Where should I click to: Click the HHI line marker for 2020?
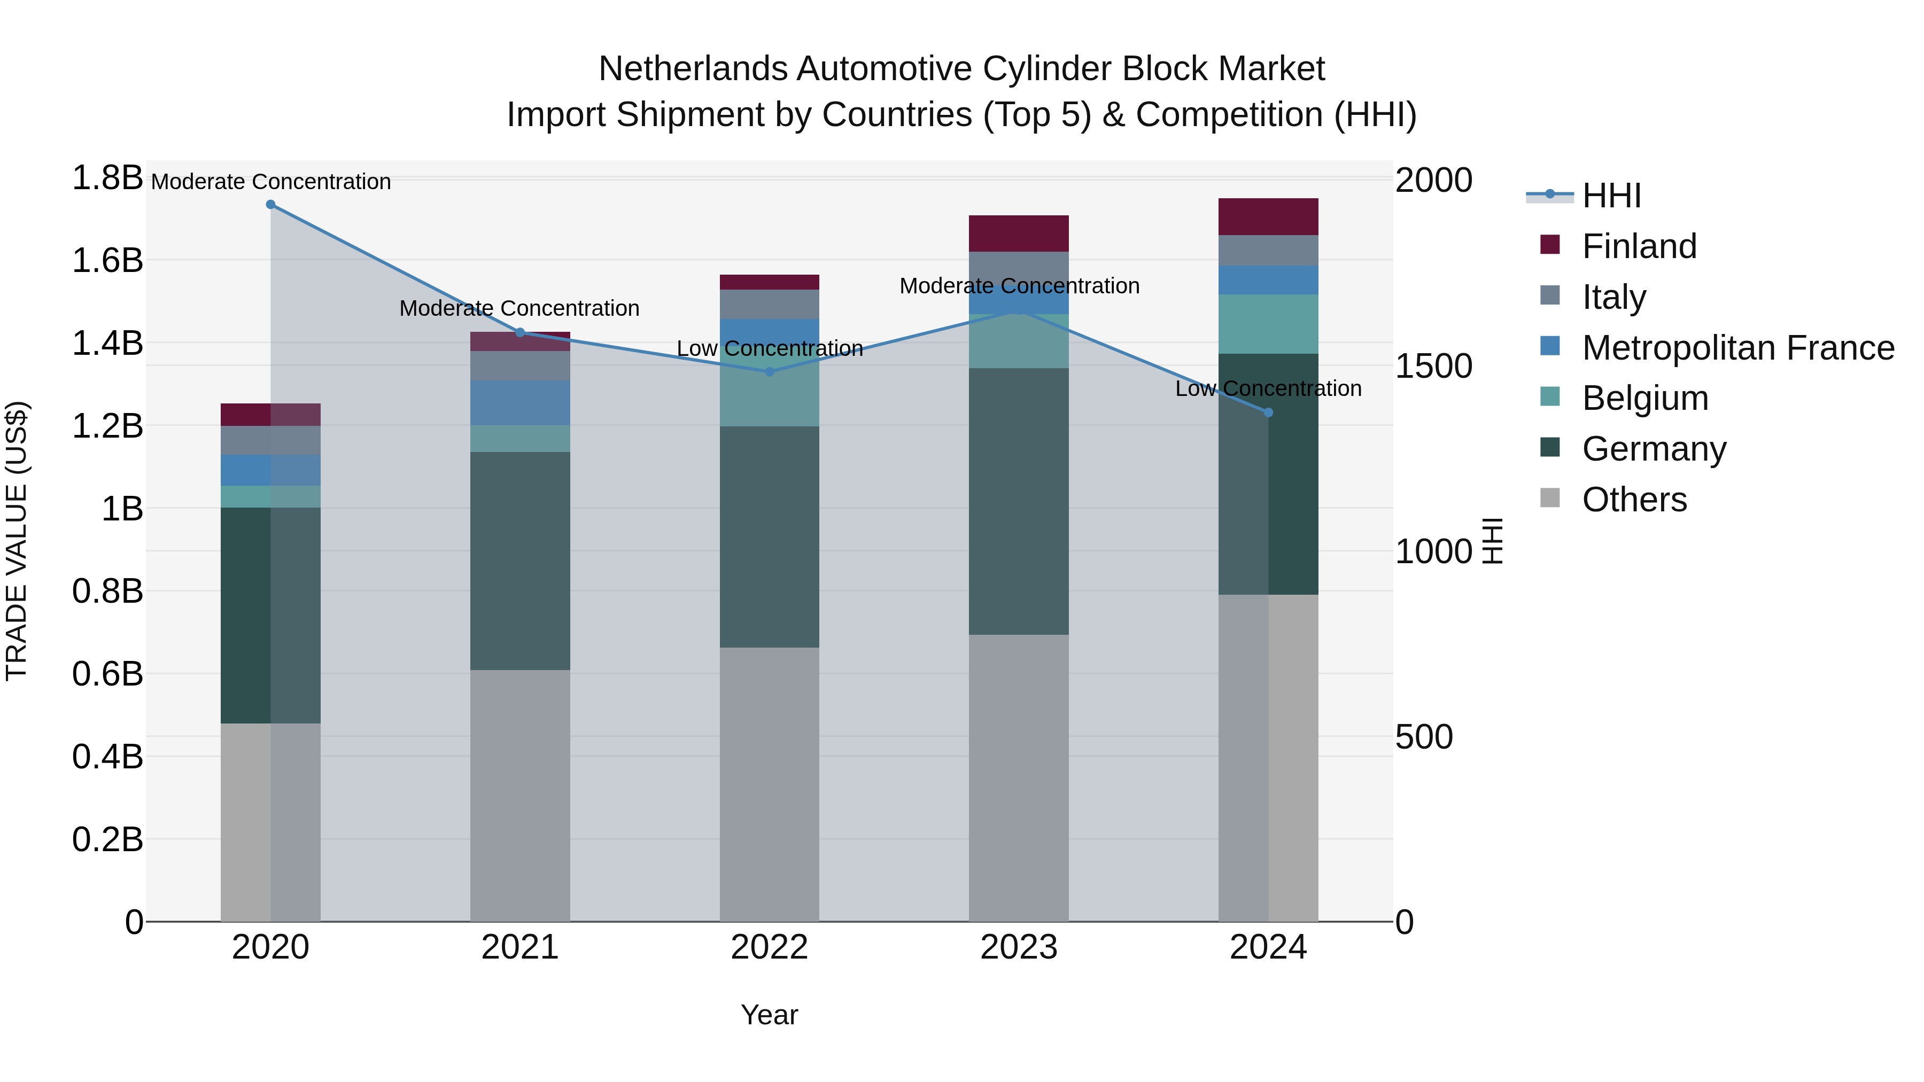tap(270, 205)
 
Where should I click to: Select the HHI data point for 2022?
tap(769, 371)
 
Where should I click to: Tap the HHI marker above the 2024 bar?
tap(1268, 412)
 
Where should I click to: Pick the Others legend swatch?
tap(1550, 498)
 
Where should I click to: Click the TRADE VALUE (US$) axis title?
tap(17, 541)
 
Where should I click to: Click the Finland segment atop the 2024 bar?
tap(1268, 217)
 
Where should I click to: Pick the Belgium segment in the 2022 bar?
tap(769, 396)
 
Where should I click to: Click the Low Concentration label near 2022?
tap(769, 349)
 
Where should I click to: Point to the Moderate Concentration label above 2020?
tap(270, 182)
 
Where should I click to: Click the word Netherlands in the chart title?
tap(692, 69)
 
